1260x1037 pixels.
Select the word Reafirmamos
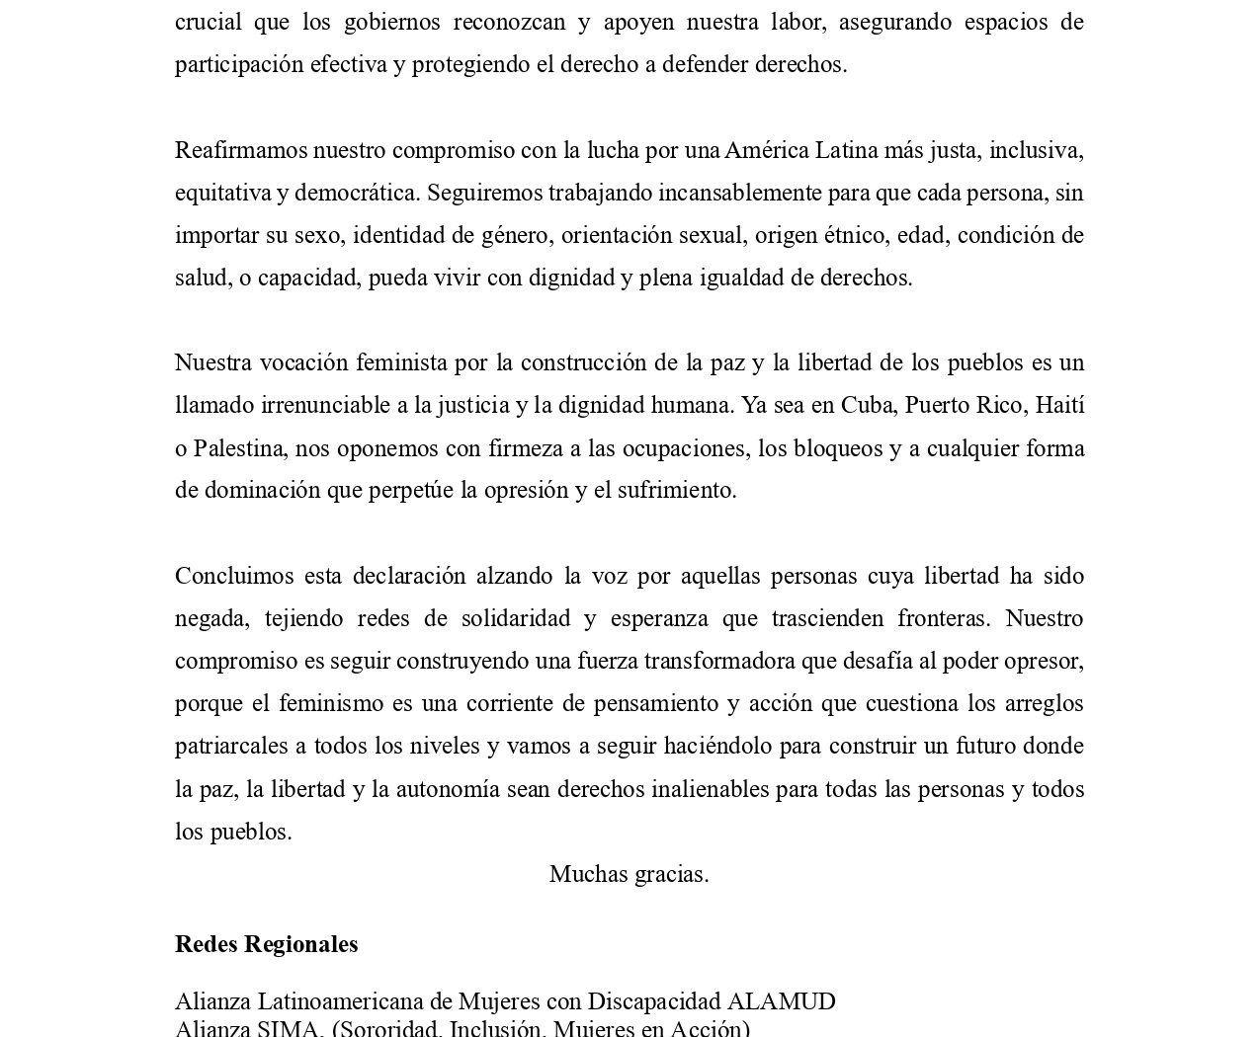coord(241,150)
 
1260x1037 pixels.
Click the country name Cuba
coord(866,405)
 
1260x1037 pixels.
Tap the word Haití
coord(1059,405)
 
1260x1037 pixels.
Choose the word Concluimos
coord(234,576)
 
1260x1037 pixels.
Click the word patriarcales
coord(228,746)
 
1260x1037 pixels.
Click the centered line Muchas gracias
coord(629,874)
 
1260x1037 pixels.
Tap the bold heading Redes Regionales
coord(266,944)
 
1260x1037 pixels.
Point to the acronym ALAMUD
coord(781,1001)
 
